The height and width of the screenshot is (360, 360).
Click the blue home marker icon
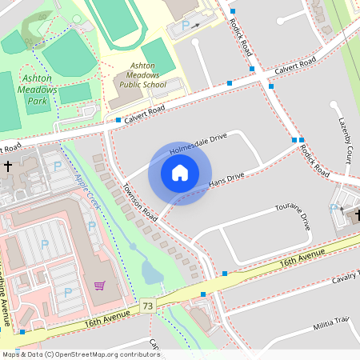(x=180, y=173)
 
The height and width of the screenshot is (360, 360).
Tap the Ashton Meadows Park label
(x=38, y=90)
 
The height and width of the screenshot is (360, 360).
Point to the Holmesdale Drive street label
(x=198, y=143)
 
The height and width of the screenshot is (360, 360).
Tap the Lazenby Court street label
(x=345, y=139)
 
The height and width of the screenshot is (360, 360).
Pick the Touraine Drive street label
(x=292, y=217)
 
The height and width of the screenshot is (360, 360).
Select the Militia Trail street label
(x=332, y=322)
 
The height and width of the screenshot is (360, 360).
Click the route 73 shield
(x=148, y=306)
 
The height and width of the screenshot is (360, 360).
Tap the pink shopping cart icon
(x=100, y=286)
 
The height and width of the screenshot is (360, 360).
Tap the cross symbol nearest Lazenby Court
(x=358, y=214)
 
